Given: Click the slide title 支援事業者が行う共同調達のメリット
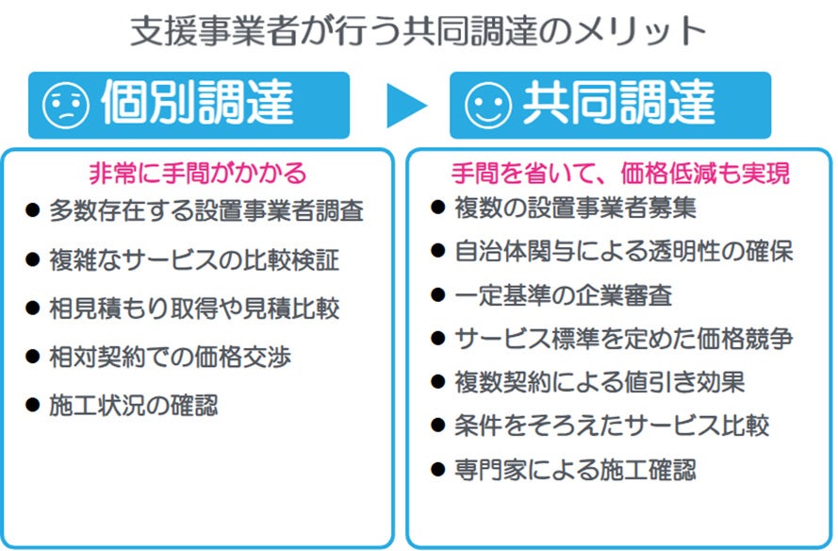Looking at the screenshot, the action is [419, 31].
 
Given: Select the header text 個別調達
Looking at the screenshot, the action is [196, 105].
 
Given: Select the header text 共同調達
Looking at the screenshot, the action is [617, 105].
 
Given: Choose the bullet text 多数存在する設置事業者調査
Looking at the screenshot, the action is [206, 210].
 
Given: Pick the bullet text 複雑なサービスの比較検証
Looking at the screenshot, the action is [194, 259].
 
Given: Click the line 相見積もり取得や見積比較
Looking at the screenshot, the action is [194, 309].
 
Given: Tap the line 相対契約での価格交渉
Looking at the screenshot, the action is [170, 358].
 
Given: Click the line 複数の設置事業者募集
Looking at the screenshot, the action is [574, 207].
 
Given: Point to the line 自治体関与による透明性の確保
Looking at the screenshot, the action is [623, 251].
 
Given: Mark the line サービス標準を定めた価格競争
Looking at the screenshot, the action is [623, 339].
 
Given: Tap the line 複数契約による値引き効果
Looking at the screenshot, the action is [599, 382].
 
